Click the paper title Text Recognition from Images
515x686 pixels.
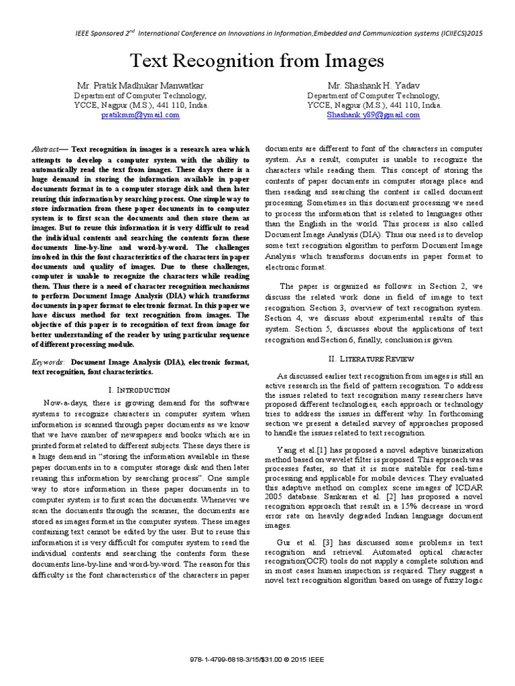[x=257, y=62]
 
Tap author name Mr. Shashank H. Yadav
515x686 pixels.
[x=374, y=86]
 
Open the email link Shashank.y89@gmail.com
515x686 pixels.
[x=373, y=115]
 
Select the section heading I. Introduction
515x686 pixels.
[x=139, y=389]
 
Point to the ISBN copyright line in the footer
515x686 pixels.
[x=257, y=659]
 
